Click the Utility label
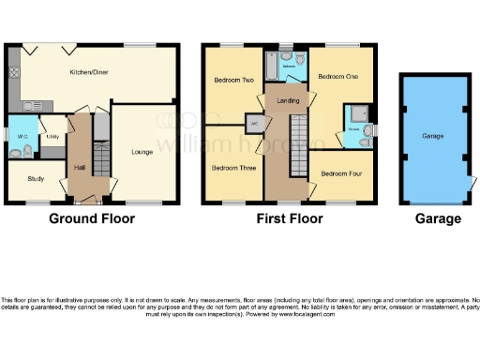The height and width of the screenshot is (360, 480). coord(54,136)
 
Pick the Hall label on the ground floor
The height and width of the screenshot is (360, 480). coord(81,168)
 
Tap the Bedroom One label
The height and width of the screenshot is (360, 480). coord(338,77)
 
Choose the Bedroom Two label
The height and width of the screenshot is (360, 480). coord(234,81)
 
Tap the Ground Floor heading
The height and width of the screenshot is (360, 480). coord(91,219)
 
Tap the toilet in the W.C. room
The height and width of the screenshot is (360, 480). coord(27,148)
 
